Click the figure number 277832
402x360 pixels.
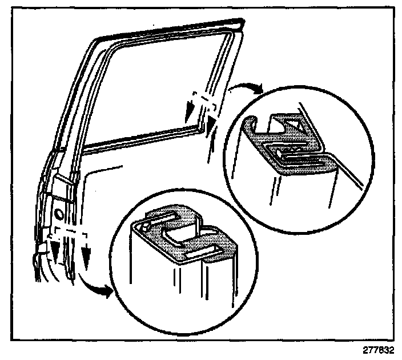[x=377, y=350]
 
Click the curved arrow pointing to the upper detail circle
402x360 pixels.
[x=244, y=86]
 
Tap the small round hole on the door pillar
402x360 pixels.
[x=58, y=215]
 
